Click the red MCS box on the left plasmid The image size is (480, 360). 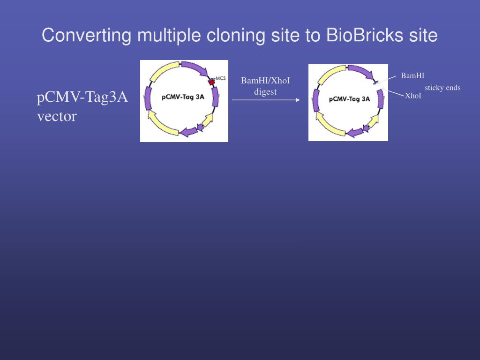(x=212, y=82)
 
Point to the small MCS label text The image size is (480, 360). (x=220, y=78)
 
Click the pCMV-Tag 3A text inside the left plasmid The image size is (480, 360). (x=183, y=97)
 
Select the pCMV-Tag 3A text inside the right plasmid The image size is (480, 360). (x=349, y=99)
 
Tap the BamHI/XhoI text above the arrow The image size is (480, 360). (x=265, y=81)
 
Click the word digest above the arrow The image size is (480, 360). (x=265, y=92)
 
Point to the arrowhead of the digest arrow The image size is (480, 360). (x=298, y=100)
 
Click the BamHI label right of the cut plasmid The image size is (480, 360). (x=412, y=75)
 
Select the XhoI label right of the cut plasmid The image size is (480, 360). (x=413, y=96)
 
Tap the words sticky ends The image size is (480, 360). (x=442, y=88)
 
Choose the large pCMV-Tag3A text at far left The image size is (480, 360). (x=82, y=97)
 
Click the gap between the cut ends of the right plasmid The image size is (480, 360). (x=379, y=85)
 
